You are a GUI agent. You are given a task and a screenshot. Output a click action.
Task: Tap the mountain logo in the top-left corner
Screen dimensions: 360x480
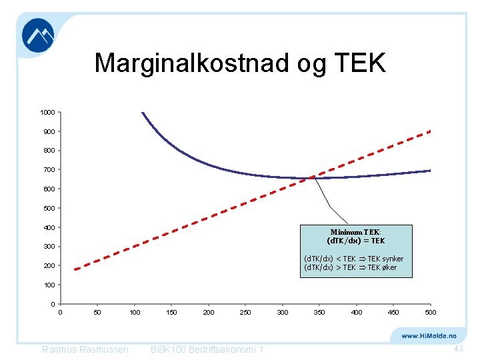point(38,35)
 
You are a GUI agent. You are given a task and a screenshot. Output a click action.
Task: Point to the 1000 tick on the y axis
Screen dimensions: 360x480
point(47,112)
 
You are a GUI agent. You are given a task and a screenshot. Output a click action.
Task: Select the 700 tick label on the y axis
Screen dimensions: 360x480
point(49,170)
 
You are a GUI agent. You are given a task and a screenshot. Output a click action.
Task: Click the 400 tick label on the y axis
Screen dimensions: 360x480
point(49,227)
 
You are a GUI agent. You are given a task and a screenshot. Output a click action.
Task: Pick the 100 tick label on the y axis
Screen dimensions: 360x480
point(49,285)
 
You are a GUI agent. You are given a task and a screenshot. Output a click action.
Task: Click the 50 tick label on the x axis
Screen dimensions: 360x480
point(97,312)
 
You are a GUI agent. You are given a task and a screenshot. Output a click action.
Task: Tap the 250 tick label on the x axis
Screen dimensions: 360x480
point(245,312)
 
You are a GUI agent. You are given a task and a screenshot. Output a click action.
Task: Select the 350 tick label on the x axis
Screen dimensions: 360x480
point(319,312)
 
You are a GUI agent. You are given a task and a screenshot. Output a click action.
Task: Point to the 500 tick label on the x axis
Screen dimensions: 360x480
point(430,312)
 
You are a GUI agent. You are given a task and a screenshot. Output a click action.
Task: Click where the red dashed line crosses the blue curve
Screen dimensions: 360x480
point(310,178)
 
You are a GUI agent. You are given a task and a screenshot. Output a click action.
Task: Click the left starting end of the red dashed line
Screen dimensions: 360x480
point(75,269)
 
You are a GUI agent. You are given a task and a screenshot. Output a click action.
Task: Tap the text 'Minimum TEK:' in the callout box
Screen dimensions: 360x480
point(355,232)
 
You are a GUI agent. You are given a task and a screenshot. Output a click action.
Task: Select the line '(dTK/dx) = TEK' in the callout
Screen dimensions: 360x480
point(355,241)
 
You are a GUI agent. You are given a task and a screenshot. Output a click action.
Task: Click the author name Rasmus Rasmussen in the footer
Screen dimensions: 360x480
point(85,350)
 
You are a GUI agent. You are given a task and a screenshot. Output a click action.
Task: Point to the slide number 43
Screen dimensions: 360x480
point(458,349)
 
